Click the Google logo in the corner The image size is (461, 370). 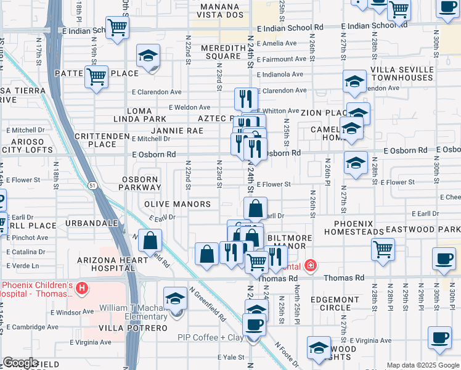tap(20, 363)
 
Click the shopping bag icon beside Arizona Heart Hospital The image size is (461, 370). tap(150, 240)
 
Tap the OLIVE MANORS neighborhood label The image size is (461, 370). tap(177, 204)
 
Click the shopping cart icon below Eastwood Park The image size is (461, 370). tap(383, 250)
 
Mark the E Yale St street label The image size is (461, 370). tap(231, 357)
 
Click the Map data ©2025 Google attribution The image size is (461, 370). tap(422, 365)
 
